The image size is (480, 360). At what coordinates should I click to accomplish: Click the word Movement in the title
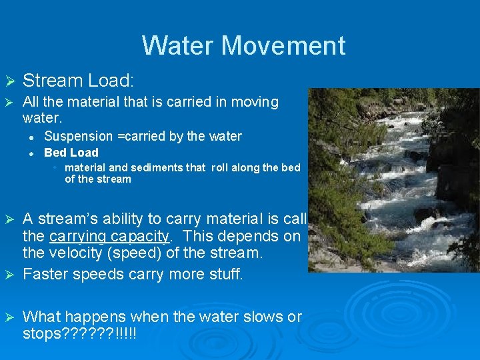(x=283, y=46)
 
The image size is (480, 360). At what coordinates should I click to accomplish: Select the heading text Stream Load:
(x=79, y=81)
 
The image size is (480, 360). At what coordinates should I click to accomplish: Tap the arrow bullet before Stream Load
(x=9, y=81)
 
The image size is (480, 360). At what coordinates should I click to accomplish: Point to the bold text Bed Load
(x=71, y=153)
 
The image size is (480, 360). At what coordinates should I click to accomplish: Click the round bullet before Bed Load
(x=31, y=153)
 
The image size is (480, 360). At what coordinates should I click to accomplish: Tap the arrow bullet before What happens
(x=9, y=317)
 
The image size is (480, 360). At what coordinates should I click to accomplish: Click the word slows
(x=251, y=317)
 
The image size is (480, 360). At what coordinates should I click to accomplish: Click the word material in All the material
(x=85, y=102)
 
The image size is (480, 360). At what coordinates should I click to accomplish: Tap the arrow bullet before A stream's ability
(x=9, y=219)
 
